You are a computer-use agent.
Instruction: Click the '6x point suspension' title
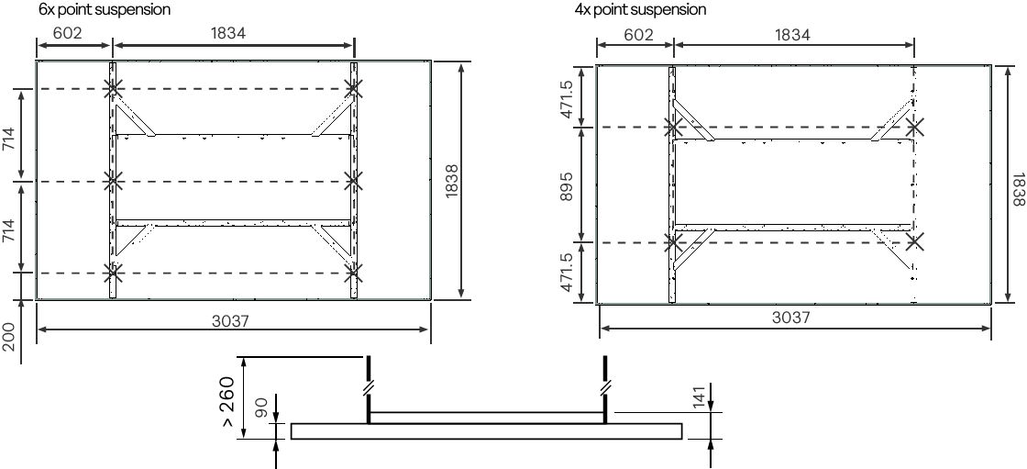(x=104, y=9)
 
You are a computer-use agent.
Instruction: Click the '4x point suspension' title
(x=640, y=9)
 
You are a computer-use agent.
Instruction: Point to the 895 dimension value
(x=567, y=184)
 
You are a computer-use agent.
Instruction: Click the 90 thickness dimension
(x=260, y=408)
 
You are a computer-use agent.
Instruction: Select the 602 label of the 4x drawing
(x=638, y=35)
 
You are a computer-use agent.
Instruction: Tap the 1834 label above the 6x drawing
(x=228, y=34)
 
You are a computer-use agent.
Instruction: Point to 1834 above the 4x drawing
(x=792, y=35)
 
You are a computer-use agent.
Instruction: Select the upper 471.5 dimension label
(x=567, y=99)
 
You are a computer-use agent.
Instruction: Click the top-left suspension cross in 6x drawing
(x=113, y=89)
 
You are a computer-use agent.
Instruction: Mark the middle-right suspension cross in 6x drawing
(x=354, y=181)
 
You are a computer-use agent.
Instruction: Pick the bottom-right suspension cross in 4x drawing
(x=914, y=242)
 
